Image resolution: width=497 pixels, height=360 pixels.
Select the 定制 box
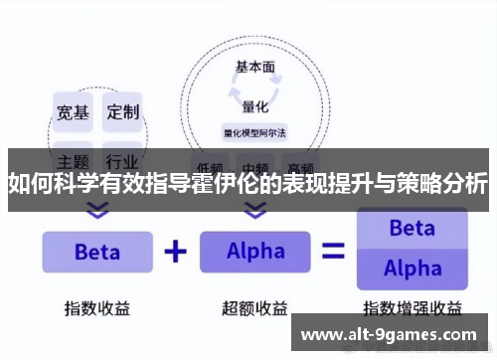(124, 111)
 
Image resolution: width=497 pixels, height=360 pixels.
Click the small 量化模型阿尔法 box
(255, 131)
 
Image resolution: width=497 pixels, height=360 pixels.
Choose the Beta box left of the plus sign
(97, 252)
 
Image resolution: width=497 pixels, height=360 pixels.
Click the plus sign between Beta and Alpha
(176, 251)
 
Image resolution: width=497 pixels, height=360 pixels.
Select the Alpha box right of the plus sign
(255, 252)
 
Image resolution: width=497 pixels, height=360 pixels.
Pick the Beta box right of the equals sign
(412, 228)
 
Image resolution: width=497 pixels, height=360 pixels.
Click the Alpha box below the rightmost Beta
(412, 268)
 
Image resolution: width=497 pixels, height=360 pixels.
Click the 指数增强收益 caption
(412, 307)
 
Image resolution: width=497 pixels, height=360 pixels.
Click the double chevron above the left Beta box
(96, 211)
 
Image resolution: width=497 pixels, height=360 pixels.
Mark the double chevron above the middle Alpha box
(255, 211)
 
